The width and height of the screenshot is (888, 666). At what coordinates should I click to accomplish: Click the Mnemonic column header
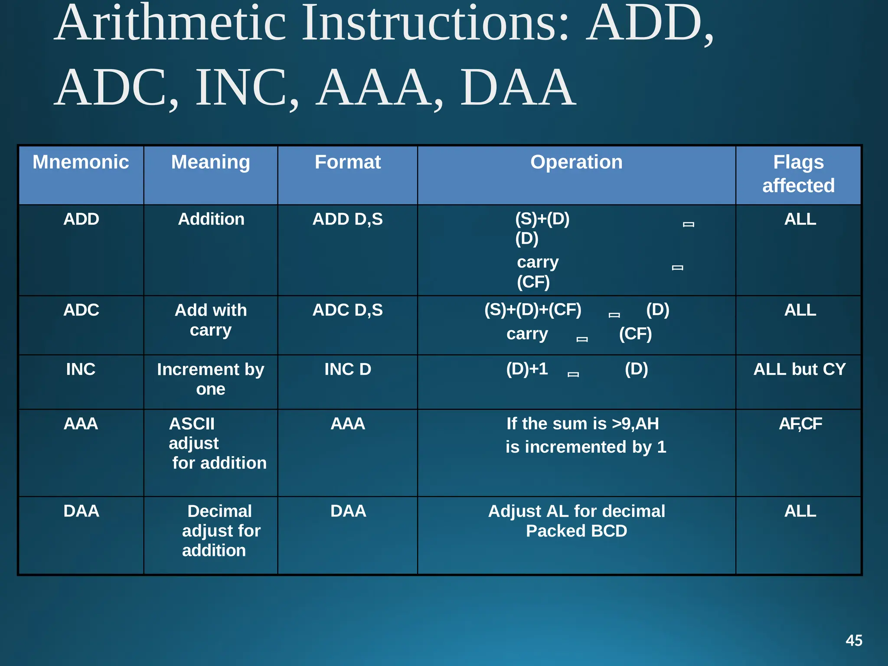click(x=81, y=162)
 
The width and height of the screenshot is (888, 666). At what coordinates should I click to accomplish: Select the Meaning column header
click(x=210, y=162)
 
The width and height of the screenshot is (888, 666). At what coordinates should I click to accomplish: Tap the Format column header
click(x=348, y=162)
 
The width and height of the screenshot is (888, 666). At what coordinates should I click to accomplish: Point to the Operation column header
click(x=576, y=162)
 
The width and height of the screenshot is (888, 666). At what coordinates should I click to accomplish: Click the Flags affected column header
click(x=798, y=174)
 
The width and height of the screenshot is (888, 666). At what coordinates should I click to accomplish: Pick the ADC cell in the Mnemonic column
click(x=81, y=310)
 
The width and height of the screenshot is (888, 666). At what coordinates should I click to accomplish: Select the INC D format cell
click(x=348, y=369)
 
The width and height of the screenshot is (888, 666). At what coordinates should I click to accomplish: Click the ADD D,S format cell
click(x=348, y=219)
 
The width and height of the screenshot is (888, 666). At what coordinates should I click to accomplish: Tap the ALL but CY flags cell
click(x=799, y=369)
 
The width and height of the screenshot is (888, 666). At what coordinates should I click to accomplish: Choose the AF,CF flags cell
click(x=800, y=424)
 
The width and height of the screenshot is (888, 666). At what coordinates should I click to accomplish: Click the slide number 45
click(x=854, y=640)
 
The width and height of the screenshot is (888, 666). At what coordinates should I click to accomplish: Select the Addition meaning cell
click(x=211, y=219)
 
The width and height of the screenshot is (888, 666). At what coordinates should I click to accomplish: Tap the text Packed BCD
click(x=576, y=531)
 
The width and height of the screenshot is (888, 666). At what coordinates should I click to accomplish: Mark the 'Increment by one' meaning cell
click(x=211, y=379)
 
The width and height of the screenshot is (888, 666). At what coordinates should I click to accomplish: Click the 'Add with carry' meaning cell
click(x=211, y=320)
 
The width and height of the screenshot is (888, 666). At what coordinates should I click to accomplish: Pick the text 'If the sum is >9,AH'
click(x=582, y=424)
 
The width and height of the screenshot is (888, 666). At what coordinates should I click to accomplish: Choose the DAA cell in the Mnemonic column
click(x=81, y=511)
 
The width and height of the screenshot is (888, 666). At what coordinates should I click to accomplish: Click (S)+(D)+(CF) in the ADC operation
click(x=532, y=310)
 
